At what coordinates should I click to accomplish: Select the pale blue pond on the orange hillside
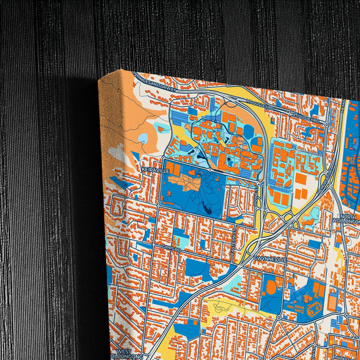click(x=143, y=138)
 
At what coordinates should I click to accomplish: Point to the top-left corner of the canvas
click(x=99, y=79)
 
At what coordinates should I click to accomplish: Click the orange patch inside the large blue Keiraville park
click(x=186, y=183)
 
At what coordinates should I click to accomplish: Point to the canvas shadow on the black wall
click(x=84, y=203)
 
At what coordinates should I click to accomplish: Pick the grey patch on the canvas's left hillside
click(x=118, y=153)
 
